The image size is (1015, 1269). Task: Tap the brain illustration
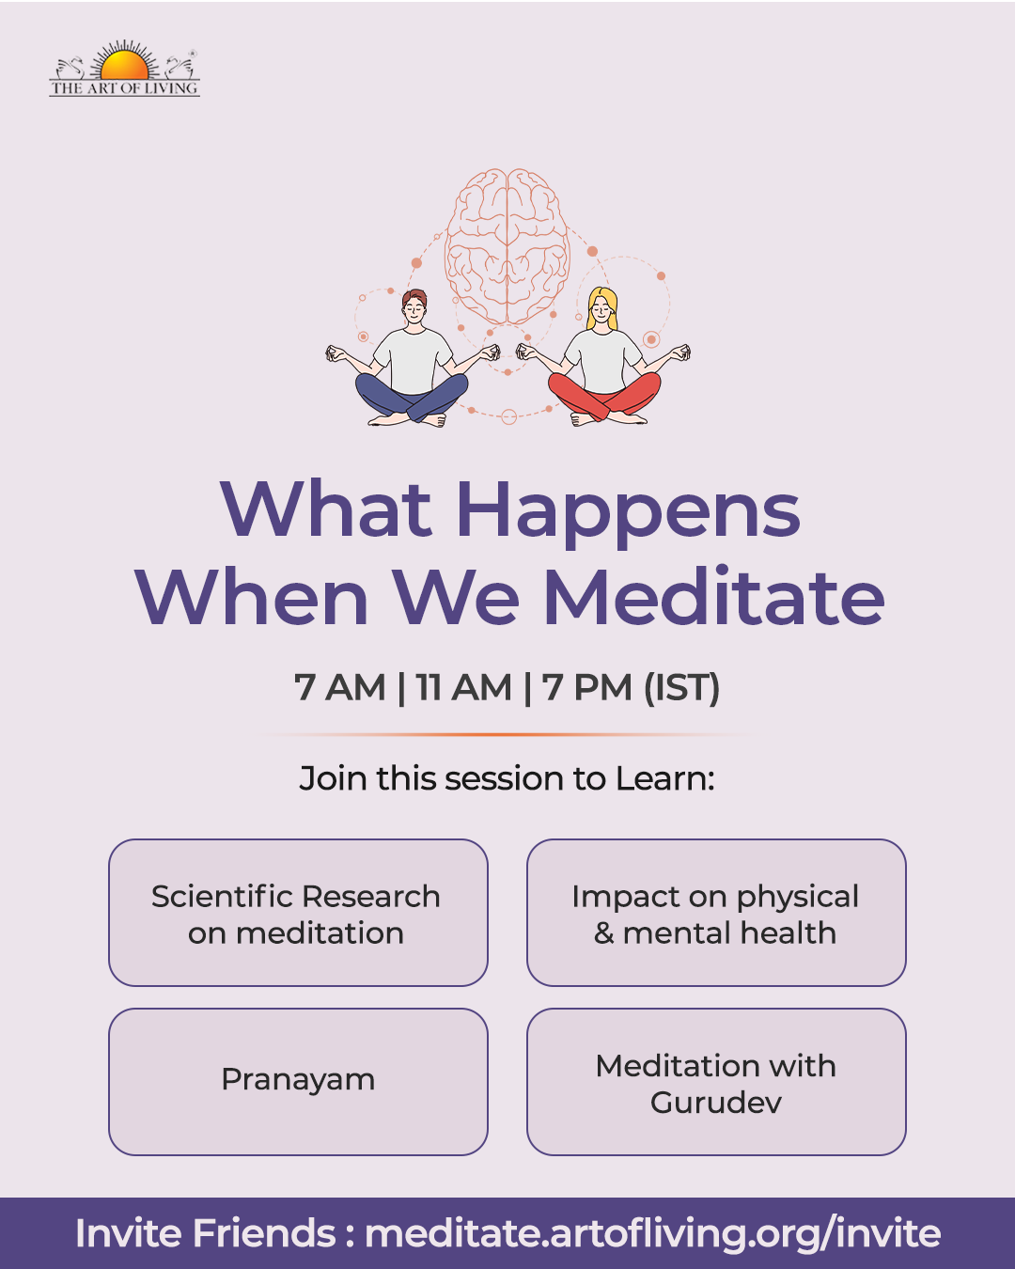point(507,246)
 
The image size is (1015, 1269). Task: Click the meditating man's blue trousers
point(412,395)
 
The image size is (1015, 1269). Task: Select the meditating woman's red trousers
point(604,395)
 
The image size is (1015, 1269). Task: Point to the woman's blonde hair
point(602,306)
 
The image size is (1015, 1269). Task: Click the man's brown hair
point(414,298)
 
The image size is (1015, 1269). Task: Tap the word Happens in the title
point(629,512)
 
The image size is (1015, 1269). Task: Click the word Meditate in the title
point(714,597)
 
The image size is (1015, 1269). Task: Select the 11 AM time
point(463,687)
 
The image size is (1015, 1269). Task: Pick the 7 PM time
point(587,687)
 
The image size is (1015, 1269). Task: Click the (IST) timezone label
point(681,688)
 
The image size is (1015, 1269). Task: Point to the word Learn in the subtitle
point(665,778)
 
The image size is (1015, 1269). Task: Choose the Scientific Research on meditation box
point(299,912)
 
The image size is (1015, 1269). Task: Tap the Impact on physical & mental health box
point(716,912)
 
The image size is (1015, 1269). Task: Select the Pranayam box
point(299,1082)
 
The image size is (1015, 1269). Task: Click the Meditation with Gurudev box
point(716,1082)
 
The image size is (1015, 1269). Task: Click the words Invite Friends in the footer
point(206,1233)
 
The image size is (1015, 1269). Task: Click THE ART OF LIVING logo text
point(124,88)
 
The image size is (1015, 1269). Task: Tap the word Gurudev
point(716,1103)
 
